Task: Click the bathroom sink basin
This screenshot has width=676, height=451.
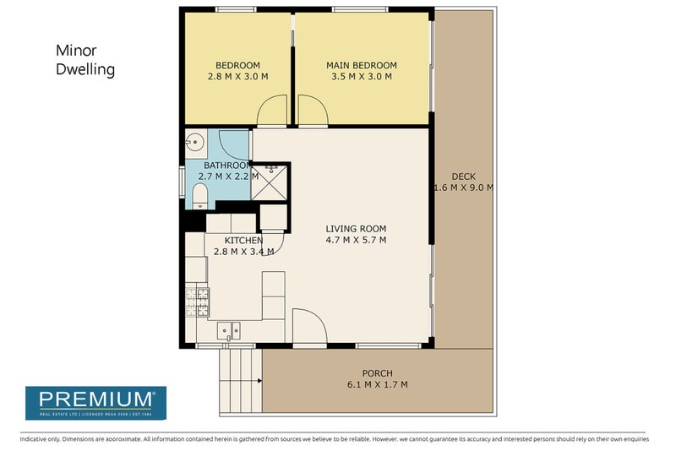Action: tap(194, 142)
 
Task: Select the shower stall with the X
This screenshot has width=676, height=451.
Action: tap(271, 180)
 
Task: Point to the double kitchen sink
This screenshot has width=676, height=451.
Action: tap(228, 330)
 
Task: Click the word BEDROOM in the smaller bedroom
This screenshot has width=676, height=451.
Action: tap(237, 66)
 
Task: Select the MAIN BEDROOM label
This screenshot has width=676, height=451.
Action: tap(361, 66)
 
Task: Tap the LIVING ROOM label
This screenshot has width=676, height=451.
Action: tap(356, 229)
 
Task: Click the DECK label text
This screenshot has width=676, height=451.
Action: tap(463, 177)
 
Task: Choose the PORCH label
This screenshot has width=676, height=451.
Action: tap(377, 373)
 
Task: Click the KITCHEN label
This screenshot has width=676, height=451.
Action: tap(244, 241)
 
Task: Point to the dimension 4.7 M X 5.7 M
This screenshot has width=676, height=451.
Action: tap(356, 240)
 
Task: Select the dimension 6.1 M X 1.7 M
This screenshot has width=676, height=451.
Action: tap(377, 384)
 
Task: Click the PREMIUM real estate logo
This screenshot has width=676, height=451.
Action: tap(95, 402)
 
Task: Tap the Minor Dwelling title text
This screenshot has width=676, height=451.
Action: tap(84, 61)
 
